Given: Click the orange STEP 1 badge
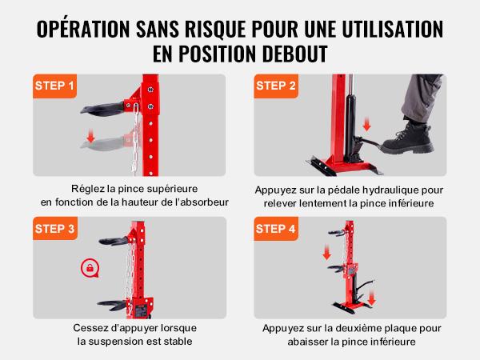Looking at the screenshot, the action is (54, 86).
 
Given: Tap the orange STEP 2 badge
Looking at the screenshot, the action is (276, 86).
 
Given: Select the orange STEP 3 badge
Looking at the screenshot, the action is (55, 228).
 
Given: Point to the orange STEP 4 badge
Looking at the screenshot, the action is (276, 228).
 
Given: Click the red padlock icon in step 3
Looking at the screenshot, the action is (90, 268).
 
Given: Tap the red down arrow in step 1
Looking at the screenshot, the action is (90, 136).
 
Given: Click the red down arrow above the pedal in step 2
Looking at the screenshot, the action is (366, 124).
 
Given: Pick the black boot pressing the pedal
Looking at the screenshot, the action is (407, 138).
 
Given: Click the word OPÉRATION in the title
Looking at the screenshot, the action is (83, 29).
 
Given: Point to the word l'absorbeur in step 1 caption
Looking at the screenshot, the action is (203, 202).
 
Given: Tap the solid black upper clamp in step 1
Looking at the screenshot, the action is (102, 108).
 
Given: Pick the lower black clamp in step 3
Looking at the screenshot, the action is (112, 305).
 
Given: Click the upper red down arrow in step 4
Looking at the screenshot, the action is (327, 252).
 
